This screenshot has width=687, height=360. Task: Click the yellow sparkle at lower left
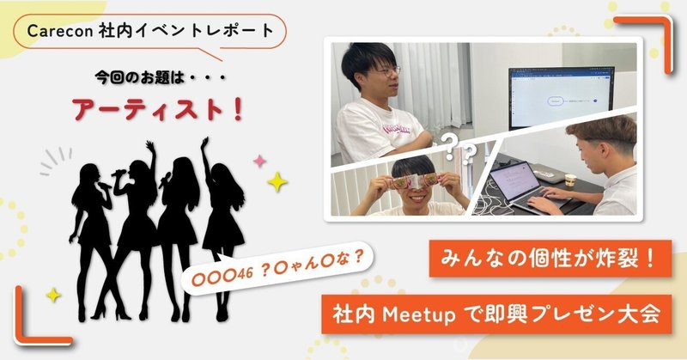54,294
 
